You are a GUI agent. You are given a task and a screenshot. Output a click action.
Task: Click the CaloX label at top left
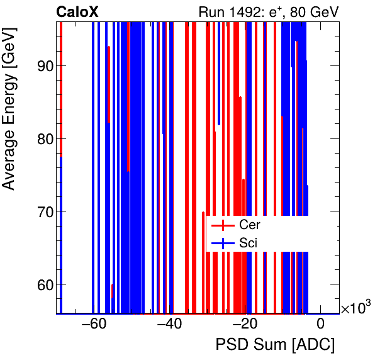(77, 11)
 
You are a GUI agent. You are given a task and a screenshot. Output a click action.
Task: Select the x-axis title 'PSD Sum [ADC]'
(275, 346)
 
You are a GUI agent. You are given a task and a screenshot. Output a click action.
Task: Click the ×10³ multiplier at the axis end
(356, 308)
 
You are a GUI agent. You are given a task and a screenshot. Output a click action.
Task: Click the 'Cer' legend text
(249, 225)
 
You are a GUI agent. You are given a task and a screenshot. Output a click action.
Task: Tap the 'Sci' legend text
(248, 242)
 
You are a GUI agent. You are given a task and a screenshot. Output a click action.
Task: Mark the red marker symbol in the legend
(223, 225)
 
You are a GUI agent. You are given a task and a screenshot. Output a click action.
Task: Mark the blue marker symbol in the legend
(223, 242)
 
